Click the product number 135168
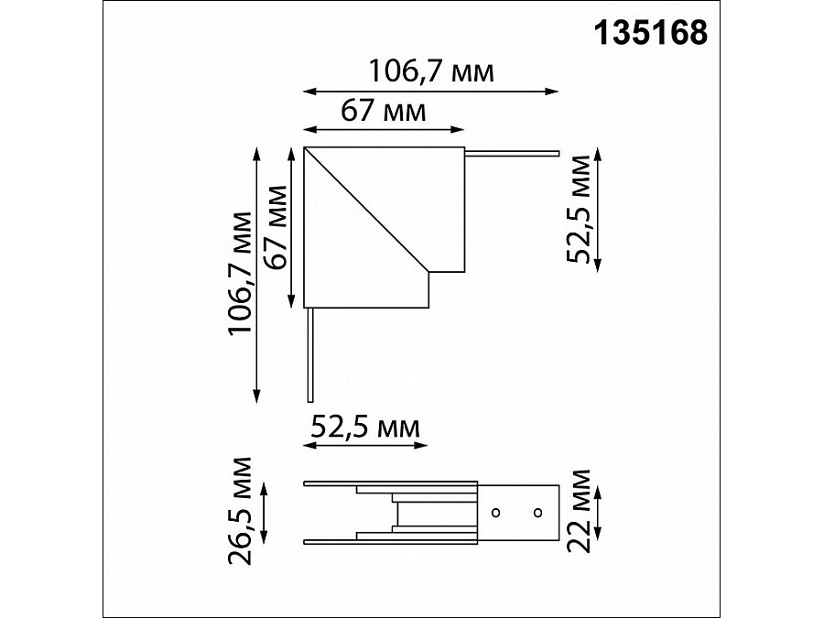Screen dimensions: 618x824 pyautogui.click(x=651, y=33)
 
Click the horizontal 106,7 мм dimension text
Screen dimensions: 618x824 pyautogui.click(x=430, y=70)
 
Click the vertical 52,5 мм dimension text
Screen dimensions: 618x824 pyautogui.click(x=579, y=209)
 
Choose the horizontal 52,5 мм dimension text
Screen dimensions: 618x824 pyautogui.click(x=365, y=427)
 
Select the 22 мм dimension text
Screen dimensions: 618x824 pyautogui.click(x=579, y=510)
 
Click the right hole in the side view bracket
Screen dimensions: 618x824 pyautogui.click(x=537, y=511)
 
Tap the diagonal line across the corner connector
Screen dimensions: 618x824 pyautogui.click(x=366, y=210)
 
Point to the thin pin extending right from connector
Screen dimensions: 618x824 pyautogui.click(x=513, y=152)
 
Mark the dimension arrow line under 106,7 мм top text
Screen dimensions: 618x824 pyautogui.click(x=430, y=91)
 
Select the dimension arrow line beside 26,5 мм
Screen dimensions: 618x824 pyautogui.click(x=266, y=512)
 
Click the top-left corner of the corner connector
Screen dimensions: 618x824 pyautogui.click(x=305, y=148)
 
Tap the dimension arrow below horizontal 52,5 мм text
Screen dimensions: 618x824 pyautogui.click(x=365, y=446)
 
